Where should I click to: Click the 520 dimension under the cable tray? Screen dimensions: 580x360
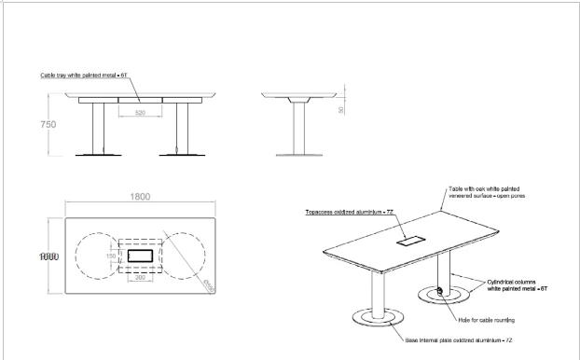pyautogui.click(x=139, y=113)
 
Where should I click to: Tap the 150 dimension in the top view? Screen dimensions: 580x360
pyautogui.click(x=111, y=254)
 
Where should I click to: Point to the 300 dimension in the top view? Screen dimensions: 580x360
pyautogui.click(x=140, y=277)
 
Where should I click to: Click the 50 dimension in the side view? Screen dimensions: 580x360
pyautogui.click(x=341, y=109)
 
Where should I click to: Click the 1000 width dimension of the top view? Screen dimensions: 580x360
pyautogui.click(x=49, y=255)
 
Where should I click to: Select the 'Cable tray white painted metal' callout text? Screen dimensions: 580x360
pyautogui.click(x=83, y=74)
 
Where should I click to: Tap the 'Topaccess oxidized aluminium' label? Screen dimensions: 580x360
pyautogui.click(x=345, y=213)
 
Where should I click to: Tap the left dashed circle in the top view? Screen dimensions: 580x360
pyautogui.click(x=95, y=255)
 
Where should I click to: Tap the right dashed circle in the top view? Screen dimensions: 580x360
pyautogui.click(x=184, y=255)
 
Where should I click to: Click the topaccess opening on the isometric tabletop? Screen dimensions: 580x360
pyautogui.click(x=410, y=240)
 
